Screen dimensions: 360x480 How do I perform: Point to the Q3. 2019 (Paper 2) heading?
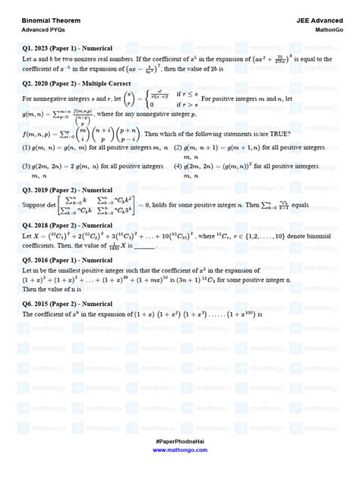coord(68,190)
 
